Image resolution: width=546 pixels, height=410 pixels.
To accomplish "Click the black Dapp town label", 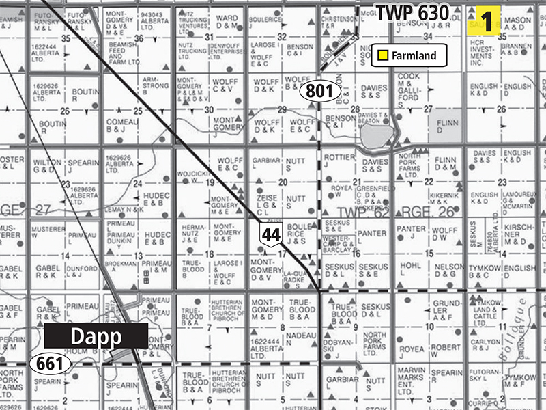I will pos(95,336).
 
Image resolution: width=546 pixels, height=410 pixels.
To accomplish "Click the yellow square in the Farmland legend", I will pos(384,55).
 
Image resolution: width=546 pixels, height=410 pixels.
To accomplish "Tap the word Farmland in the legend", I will pos(414,55).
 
